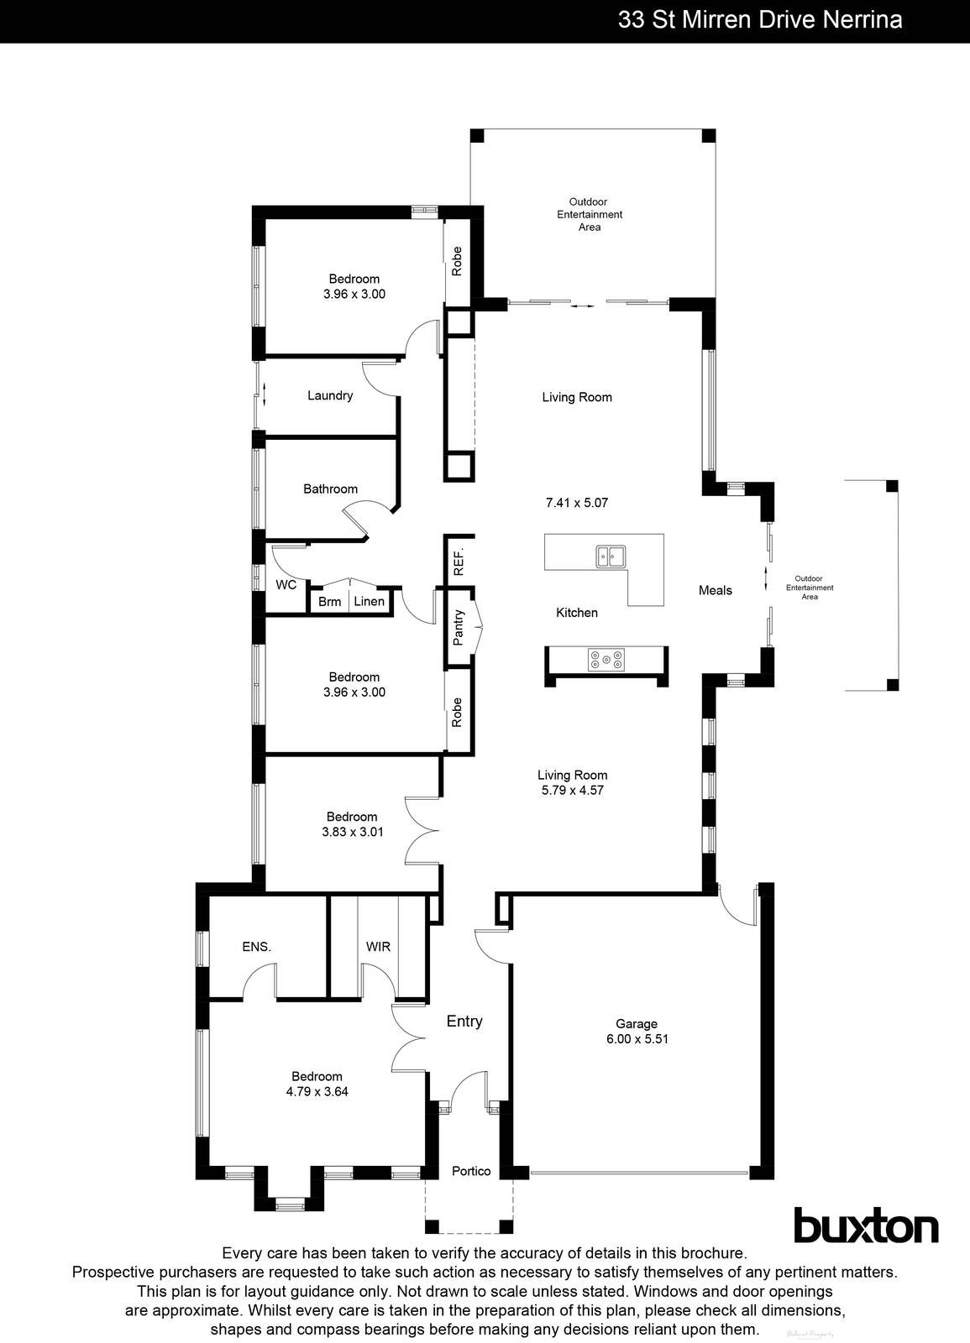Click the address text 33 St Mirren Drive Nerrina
pos(759,20)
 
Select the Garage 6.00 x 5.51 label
pos(637,1032)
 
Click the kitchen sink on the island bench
pos(610,556)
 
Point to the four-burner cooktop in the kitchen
pos(606,660)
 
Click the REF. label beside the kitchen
pos(459,561)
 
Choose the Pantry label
pos(459,627)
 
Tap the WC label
pos(286,585)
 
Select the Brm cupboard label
pos(329,602)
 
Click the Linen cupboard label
pos(369,602)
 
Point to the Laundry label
pos(330,395)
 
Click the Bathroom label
pos(330,489)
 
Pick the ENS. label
pos(256,947)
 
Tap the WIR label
pos(378,947)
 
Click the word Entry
pos(464,1022)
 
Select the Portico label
pos(471,1171)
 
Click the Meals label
pos(716,590)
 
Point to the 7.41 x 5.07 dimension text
pos(577,503)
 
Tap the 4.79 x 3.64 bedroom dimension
pos(317,1092)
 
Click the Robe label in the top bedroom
pos(458,261)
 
